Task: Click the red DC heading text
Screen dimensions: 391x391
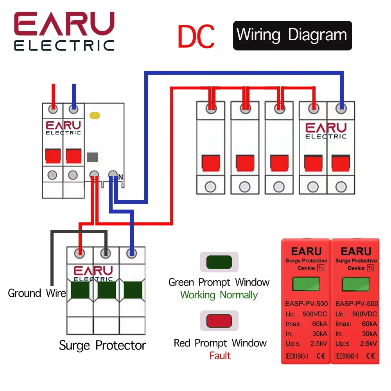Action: click(196, 36)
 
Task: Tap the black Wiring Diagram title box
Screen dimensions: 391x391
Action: click(292, 36)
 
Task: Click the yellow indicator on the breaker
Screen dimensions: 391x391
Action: click(95, 115)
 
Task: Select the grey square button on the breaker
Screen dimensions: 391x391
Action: click(93, 157)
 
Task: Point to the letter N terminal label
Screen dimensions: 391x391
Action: click(121, 177)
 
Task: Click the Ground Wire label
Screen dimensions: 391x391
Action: click(37, 293)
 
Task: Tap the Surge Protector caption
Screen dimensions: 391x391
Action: click(102, 346)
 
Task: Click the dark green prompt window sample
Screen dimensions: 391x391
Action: click(219, 262)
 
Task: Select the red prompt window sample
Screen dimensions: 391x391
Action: click(219, 321)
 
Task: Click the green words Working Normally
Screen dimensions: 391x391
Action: click(219, 295)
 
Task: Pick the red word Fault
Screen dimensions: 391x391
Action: click(220, 355)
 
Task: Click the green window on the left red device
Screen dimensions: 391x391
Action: click(306, 283)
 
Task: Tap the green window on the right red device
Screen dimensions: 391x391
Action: click(356, 284)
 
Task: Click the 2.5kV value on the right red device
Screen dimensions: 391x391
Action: click(368, 344)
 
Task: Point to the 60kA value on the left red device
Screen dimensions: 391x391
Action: click(320, 324)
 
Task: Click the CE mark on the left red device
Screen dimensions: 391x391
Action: click(321, 356)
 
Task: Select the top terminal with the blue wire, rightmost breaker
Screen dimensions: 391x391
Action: click(341, 108)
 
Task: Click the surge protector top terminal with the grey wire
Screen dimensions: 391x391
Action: click(106, 254)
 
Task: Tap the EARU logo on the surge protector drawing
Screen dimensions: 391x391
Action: click(93, 273)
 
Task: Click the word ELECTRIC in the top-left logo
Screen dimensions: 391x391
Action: click(64, 46)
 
